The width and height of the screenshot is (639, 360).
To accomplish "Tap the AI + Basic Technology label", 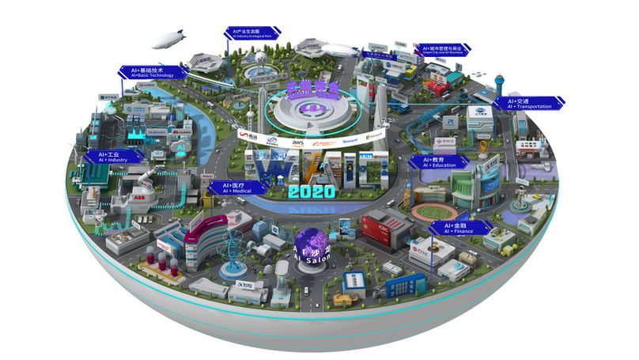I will click(x=149, y=73).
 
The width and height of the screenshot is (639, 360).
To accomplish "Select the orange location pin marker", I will click(x=483, y=147).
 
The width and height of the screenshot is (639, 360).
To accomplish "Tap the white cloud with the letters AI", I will click(x=181, y=147).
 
